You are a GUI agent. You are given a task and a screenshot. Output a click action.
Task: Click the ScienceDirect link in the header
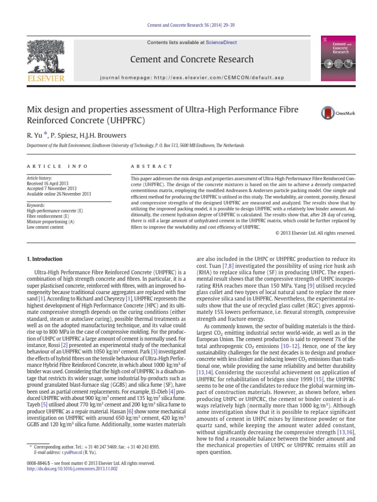pos(220,43)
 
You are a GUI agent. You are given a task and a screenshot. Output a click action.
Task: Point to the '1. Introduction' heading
pos(45,259)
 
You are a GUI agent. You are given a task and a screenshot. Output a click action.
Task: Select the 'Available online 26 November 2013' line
pos(59,194)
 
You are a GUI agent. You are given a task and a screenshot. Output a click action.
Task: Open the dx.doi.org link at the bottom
pos(72,469)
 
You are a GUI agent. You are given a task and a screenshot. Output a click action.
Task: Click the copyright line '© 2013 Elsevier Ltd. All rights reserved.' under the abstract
pos(312,233)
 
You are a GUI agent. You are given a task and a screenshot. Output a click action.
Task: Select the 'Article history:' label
pos(39,178)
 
